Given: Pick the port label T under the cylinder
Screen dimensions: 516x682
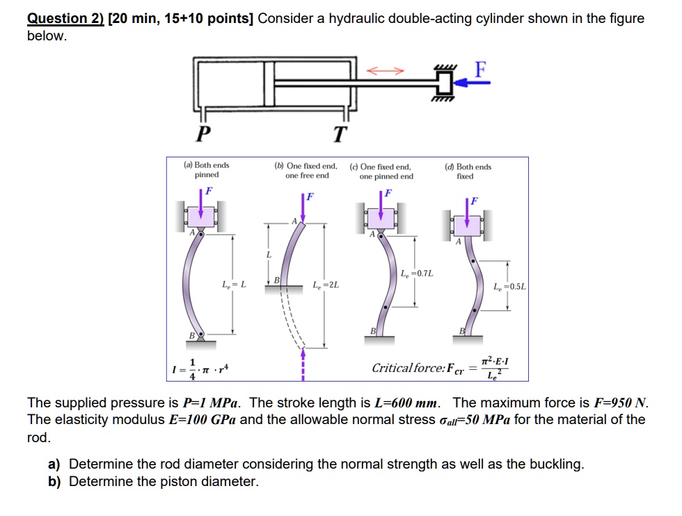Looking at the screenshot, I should coord(339,133).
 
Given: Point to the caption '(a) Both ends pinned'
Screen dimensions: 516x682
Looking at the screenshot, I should coord(207,171).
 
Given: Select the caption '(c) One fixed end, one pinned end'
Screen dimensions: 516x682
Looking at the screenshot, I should coord(386,171).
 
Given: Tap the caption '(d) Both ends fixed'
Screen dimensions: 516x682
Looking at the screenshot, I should coord(468,171).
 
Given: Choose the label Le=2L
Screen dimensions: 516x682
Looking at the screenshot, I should coord(326,284).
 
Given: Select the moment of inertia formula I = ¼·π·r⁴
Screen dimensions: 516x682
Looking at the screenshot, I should coord(200,368).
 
